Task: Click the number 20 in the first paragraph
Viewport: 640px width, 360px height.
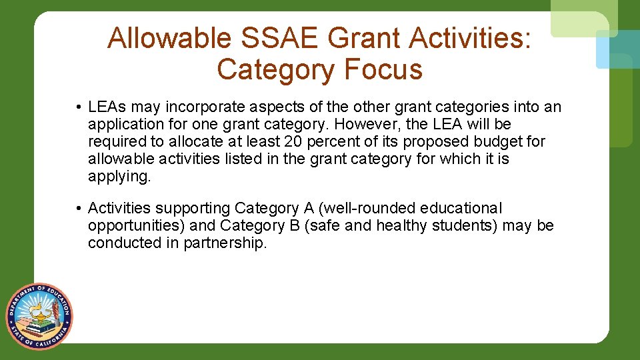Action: point(294,141)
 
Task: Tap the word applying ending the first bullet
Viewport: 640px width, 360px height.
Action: point(119,176)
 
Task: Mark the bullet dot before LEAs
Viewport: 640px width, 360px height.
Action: point(79,107)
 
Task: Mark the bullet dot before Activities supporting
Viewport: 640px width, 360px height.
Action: point(79,209)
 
